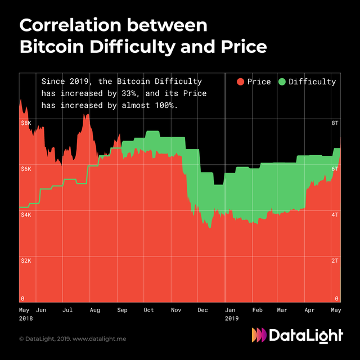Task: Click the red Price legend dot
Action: click(x=240, y=82)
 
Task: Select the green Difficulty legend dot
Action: click(x=282, y=82)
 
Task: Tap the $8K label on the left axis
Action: click(x=26, y=123)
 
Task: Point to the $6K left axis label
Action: click(x=26, y=169)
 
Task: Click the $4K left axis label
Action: click(x=26, y=215)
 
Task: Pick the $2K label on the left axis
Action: click(x=26, y=261)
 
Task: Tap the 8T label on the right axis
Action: click(x=335, y=123)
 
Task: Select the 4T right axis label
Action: click(x=335, y=215)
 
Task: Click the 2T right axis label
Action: click(x=335, y=261)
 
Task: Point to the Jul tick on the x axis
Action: click(x=67, y=310)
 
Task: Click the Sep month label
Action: click(x=122, y=310)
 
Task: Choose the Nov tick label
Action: click(x=177, y=310)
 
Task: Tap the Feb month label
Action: click(x=257, y=310)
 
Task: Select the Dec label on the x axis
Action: click(x=203, y=310)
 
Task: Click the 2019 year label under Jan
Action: click(x=231, y=318)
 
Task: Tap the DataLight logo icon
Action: click(x=259, y=335)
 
